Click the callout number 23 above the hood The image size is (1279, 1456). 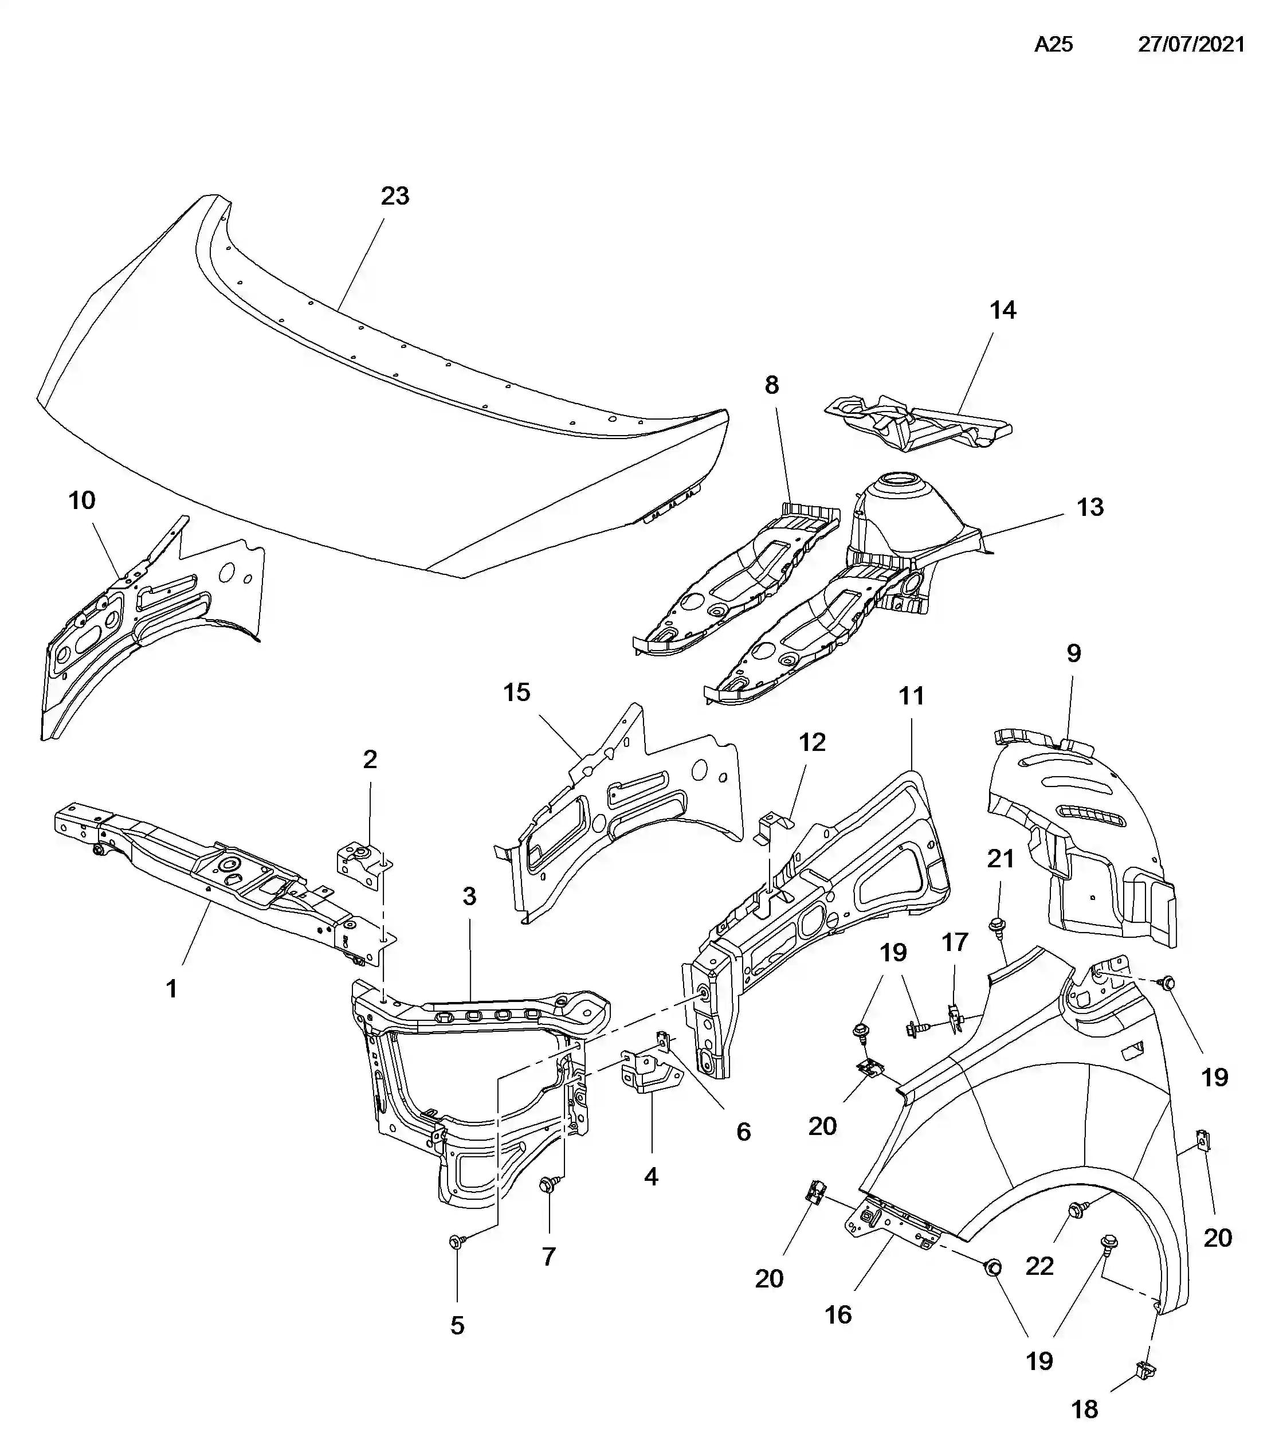[x=395, y=196]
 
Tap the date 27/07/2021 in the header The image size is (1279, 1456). [x=1191, y=44]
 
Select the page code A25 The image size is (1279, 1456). [x=1053, y=44]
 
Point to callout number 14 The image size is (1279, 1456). [x=1003, y=310]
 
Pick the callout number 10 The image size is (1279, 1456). [x=82, y=501]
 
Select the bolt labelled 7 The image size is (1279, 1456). [x=549, y=1183]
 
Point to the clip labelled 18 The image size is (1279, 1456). [x=1144, y=1368]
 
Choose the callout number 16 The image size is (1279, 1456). [x=838, y=1315]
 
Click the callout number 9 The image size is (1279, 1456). [x=1074, y=653]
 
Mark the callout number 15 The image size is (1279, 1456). [x=517, y=692]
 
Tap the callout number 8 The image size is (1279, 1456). [x=772, y=385]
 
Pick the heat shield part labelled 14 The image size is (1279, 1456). [x=919, y=423]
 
